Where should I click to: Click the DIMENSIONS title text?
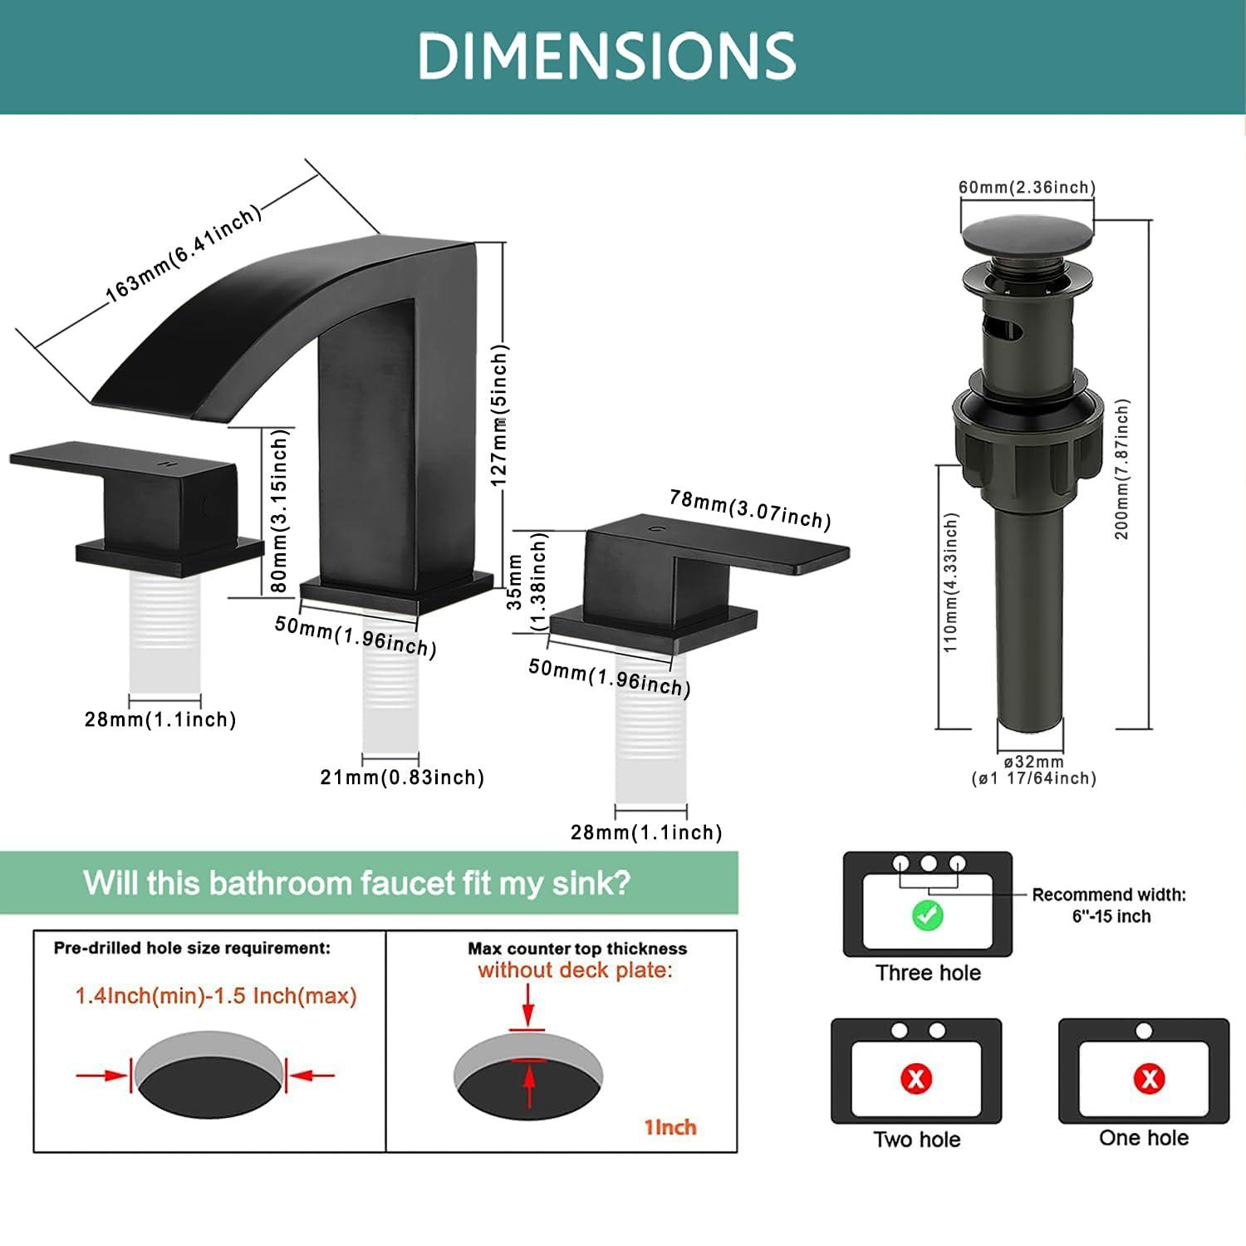[x=606, y=56]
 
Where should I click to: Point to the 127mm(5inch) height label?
[x=498, y=415]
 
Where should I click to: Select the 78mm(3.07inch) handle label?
[x=750, y=508]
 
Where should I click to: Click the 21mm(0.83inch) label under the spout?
[x=402, y=778]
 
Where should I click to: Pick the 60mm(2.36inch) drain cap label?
[x=1027, y=187]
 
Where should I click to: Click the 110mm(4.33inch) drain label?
[x=951, y=581]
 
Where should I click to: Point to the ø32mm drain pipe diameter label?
[x=1033, y=762]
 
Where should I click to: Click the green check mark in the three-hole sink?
[x=927, y=915]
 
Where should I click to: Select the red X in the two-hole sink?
[x=916, y=1079]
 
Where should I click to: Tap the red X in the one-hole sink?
[x=1150, y=1078]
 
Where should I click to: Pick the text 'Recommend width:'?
[x=1109, y=895]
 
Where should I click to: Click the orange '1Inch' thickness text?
[x=670, y=1127]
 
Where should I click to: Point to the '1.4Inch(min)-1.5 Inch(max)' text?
[x=216, y=995]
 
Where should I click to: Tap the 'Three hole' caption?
[x=928, y=973]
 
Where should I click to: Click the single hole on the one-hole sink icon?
[x=1144, y=1031]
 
